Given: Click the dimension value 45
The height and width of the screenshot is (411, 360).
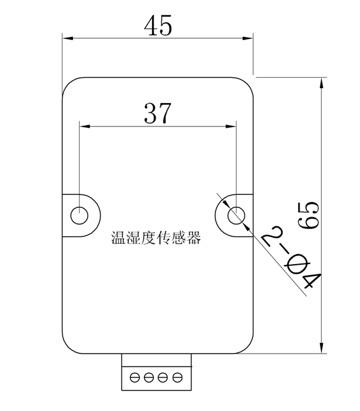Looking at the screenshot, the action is pyautogui.click(x=158, y=25).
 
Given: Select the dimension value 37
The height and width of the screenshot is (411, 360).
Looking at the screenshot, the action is pyautogui.click(x=157, y=113).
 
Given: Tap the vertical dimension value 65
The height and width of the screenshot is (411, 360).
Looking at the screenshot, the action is pyautogui.click(x=308, y=215).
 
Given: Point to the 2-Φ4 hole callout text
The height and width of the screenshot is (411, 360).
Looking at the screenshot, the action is pyautogui.click(x=291, y=258).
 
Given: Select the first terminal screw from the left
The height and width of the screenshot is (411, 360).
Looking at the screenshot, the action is pyautogui.click(x=135, y=378).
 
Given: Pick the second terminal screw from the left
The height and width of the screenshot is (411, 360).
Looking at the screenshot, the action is pyautogui.click(x=149, y=378).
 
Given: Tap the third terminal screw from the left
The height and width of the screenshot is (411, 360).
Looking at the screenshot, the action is pyautogui.click(x=163, y=378).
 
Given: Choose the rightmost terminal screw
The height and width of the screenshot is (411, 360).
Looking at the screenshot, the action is pyautogui.click(x=177, y=378).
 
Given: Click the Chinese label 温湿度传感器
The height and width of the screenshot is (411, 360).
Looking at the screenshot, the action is pyautogui.click(x=156, y=238).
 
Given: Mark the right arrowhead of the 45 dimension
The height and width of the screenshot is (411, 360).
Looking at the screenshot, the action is pyautogui.click(x=248, y=38).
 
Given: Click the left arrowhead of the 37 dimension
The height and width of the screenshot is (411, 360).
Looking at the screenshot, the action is pyautogui.click(x=85, y=127).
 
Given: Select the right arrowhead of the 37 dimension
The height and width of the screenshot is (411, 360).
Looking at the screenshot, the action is pyautogui.click(x=231, y=127).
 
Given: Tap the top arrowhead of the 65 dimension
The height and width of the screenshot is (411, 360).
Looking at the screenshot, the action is pyautogui.click(x=322, y=83).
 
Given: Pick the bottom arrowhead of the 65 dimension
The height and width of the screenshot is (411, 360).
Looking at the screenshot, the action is pyautogui.click(x=322, y=348).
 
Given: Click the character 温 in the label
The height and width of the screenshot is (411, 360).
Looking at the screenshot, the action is pyautogui.click(x=119, y=238).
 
